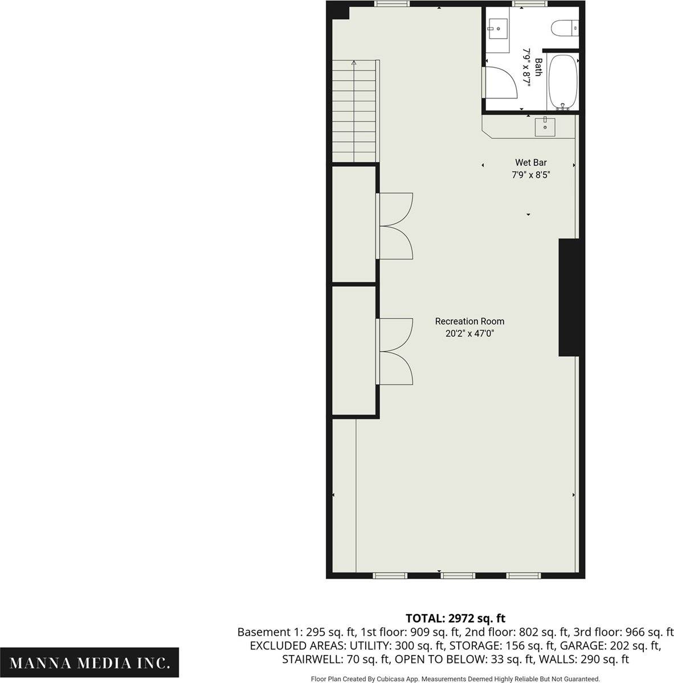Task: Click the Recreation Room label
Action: (x=469, y=321)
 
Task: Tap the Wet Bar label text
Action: (x=531, y=163)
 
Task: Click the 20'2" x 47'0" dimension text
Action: (x=470, y=334)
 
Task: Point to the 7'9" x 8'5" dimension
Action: (x=531, y=175)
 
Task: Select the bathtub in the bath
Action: (x=563, y=82)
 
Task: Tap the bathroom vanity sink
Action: (x=498, y=28)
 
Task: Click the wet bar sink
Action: (x=545, y=127)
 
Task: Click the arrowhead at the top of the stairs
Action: (x=354, y=63)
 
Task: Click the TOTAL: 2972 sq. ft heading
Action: (x=455, y=618)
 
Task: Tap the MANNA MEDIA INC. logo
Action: (x=89, y=663)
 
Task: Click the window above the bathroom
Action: (x=529, y=3)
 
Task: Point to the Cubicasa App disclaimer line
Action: (x=455, y=679)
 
